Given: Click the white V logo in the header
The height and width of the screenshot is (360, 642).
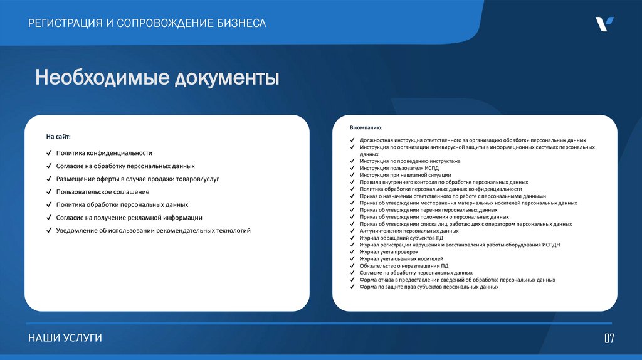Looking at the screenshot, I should (x=604, y=24).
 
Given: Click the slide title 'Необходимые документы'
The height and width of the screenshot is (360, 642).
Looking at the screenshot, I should (x=157, y=78).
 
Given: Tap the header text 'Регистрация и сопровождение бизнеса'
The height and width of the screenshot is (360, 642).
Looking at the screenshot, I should (x=147, y=23).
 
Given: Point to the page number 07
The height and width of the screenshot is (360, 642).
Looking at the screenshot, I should (x=609, y=339).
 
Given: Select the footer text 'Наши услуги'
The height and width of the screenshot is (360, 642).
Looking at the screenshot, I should (x=65, y=338).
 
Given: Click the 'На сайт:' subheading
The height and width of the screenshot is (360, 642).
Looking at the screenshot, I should (x=58, y=136).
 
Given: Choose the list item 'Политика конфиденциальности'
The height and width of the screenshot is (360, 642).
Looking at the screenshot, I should (x=104, y=153).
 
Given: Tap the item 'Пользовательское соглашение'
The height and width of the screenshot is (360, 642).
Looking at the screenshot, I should (x=103, y=192).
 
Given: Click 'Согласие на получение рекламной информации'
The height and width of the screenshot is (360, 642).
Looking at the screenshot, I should (x=129, y=218).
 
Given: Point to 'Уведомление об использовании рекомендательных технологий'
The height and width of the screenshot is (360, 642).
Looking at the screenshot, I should (x=153, y=231).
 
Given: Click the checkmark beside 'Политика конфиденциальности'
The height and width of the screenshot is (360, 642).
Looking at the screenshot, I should (x=48, y=153).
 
